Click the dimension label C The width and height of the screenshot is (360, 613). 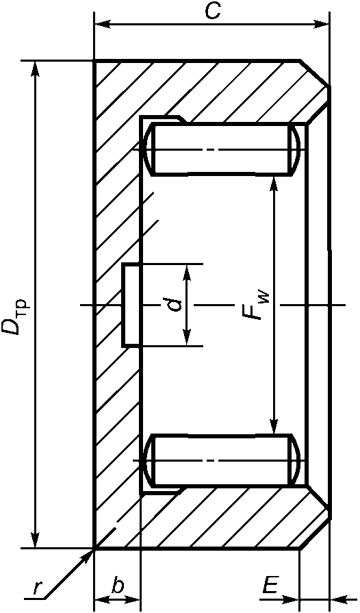click(x=212, y=12)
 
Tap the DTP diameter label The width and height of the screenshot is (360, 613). click(x=16, y=316)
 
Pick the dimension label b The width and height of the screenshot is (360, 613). click(x=118, y=586)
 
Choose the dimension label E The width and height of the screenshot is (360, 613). click(x=269, y=586)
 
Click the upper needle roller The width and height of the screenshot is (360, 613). click(x=222, y=149)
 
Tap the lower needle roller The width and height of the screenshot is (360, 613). click(x=222, y=460)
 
